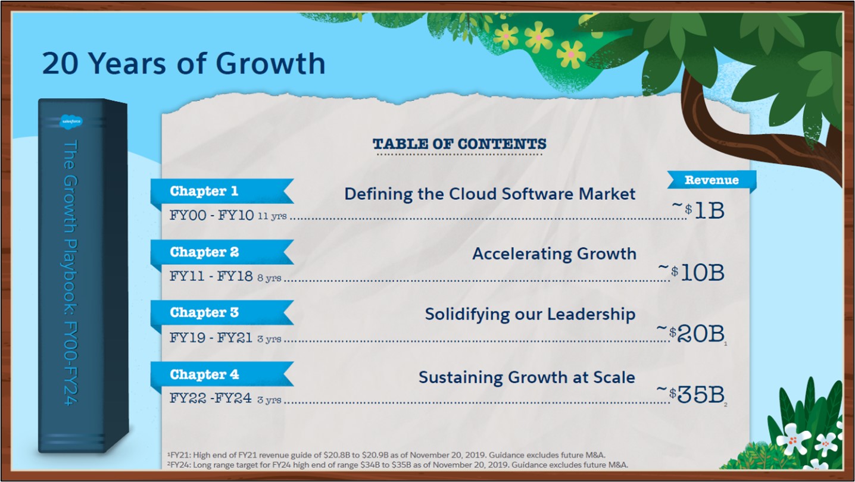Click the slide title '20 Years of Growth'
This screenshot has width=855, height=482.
click(183, 63)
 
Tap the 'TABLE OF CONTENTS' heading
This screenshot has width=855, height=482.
click(460, 144)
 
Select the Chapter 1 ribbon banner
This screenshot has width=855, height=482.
click(222, 191)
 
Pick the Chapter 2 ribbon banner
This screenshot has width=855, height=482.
click(222, 252)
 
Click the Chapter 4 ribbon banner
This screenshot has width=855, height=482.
click(222, 374)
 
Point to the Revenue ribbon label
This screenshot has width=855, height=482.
click(712, 180)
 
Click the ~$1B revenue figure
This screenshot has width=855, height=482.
click(698, 210)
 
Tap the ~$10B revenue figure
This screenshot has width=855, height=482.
click(691, 273)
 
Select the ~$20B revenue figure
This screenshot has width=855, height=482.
click(691, 334)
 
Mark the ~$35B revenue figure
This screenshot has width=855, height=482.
click(691, 395)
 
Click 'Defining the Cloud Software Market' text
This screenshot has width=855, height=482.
click(489, 194)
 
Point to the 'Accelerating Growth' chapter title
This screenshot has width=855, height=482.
click(554, 254)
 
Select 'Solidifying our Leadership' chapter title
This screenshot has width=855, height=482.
click(530, 315)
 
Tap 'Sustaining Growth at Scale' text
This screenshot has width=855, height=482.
click(527, 377)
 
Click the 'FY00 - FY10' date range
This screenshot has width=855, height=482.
click(211, 215)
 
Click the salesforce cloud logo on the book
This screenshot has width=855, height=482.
click(71, 121)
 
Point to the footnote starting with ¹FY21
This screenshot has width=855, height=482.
click(386, 455)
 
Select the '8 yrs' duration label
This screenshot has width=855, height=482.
click(269, 278)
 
